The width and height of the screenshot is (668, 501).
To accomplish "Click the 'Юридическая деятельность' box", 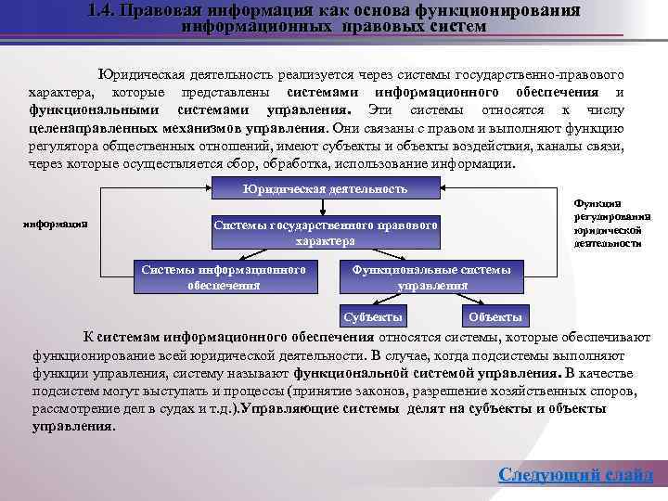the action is [324, 189].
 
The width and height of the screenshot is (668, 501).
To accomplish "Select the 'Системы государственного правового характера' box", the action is [325, 232].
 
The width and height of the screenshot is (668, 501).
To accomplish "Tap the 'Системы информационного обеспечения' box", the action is [224, 276].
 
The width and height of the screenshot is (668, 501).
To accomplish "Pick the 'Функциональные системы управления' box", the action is [431, 276].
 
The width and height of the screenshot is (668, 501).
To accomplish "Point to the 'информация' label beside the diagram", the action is [56, 223].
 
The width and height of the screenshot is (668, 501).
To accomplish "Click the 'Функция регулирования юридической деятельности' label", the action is [611, 223].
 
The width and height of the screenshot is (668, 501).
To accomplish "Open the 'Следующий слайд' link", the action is [575, 475].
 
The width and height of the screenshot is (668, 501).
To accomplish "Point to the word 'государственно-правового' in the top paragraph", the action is [547, 73].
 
